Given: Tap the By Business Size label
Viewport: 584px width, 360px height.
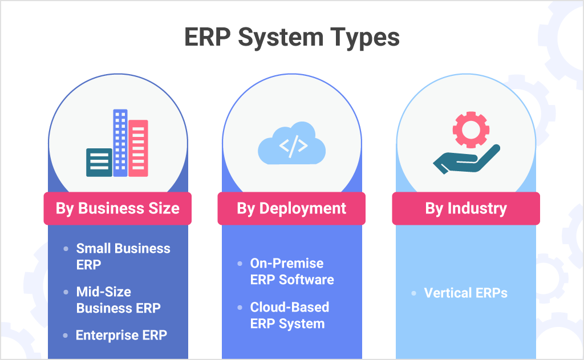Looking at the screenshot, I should pyautogui.click(x=117, y=208).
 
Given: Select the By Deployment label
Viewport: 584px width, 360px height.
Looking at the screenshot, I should pyautogui.click(x=291, y=208).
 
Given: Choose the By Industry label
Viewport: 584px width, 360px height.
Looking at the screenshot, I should pyautogui.click(x=466, y=208).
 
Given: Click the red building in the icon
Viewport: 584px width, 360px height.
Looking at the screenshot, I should pyautogui.click(x=138, y=148).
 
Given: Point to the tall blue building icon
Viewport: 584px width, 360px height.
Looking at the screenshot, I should pyautogui.click(x=120, y=143).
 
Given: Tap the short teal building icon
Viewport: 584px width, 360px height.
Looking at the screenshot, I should pyautogui.click(x=99, y=162).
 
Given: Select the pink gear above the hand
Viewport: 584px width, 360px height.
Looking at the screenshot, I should pyautogui.click(x=471, y=129).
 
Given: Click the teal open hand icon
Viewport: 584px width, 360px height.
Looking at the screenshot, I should pyautogui.click(x=465, y=160).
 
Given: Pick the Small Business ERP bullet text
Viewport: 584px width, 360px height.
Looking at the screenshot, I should pyautogui.click(x=123, y=256).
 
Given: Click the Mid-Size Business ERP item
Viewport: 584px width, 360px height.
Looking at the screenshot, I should pyautogui.click(x=118, y=300).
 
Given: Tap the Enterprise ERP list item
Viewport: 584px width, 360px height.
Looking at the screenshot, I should pyautogui.click(x=121, y=335).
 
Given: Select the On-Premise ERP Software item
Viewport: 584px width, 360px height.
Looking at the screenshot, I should pyautogui.click(x=292, y=272).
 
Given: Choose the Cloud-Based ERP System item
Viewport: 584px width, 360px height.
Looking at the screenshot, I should pyautogui.click(x=289, y=315).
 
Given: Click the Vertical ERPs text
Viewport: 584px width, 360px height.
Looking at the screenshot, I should pyautogui.click(x=465, y=293).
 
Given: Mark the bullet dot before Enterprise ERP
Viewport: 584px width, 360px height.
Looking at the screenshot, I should pyautogui.click(x=66, y=335).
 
